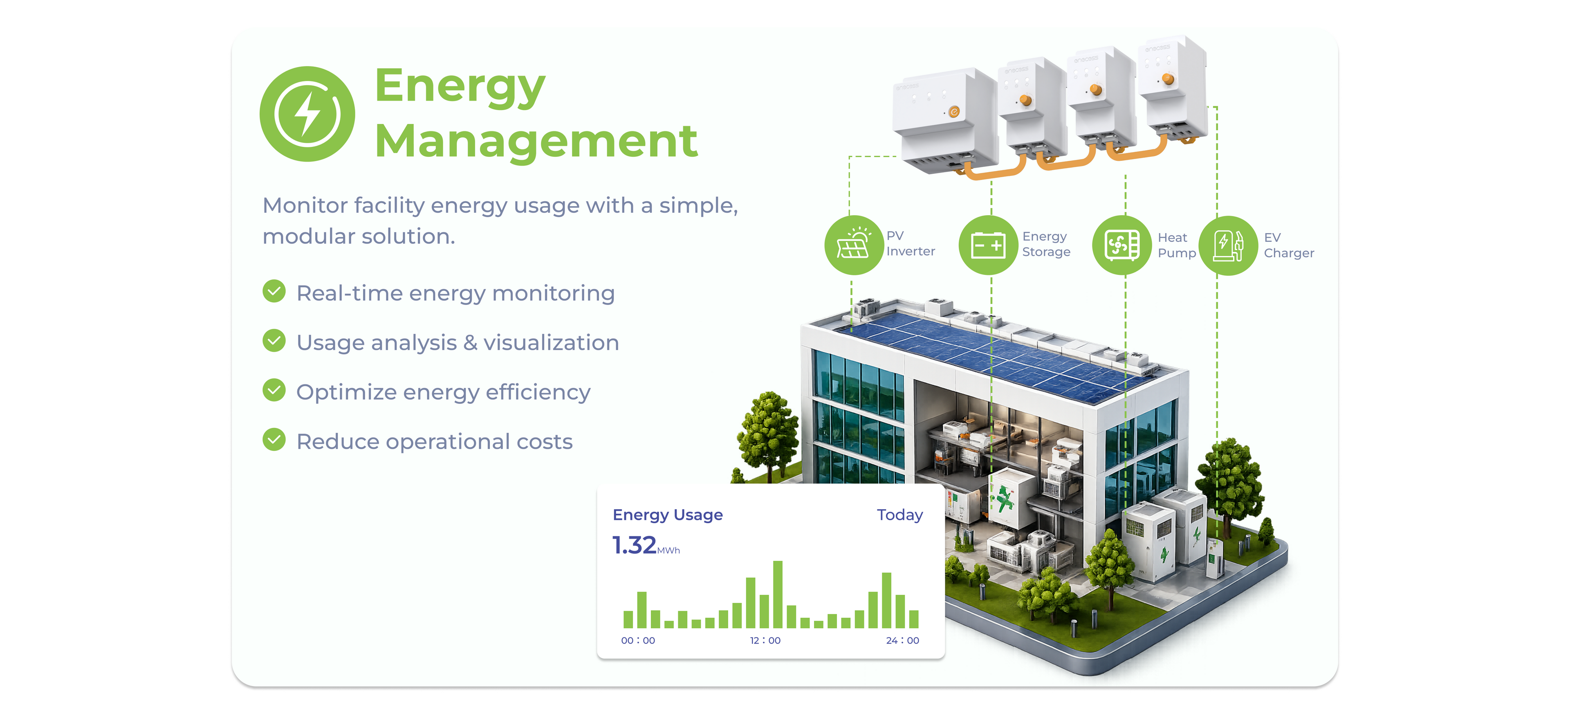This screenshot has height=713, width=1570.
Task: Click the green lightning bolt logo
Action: click(307, 114)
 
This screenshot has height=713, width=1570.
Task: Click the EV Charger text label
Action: click(1288, 245)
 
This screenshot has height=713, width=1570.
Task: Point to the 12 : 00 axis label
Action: click(765, 641)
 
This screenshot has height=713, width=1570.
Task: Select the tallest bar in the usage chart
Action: click(778, 595)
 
